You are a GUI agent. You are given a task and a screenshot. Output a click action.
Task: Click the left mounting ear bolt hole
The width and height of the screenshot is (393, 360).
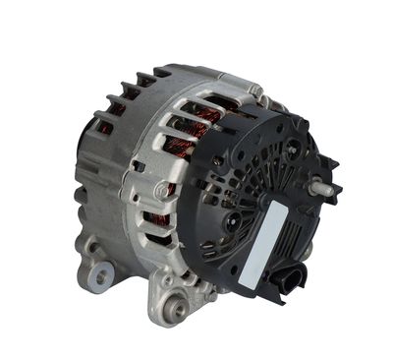[x=97, y=278]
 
